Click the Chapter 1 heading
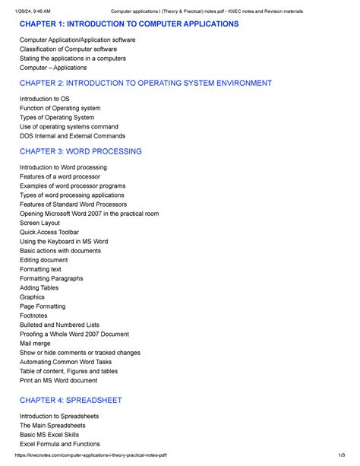[129, 25]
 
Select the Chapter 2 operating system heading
[147, 83]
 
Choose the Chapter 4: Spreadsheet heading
[71, 400]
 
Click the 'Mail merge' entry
[36, 344]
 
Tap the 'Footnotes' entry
[33, 315]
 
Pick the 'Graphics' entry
[33, 297]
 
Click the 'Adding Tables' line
[39, 288]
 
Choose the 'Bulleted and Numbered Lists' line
[59, 325]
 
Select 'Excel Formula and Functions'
[60, 444]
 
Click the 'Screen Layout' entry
[40, 223]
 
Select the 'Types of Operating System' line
[57, 117]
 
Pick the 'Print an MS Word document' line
[58, 380]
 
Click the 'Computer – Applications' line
[53, 68]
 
